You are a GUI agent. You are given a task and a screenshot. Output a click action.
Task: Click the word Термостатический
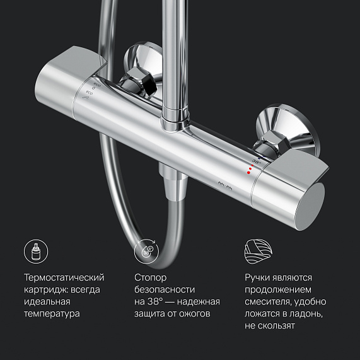pos(64,277)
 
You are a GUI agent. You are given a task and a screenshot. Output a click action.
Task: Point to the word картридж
pos(47,289)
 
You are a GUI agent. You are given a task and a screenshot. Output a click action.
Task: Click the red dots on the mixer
pos(250,170)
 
